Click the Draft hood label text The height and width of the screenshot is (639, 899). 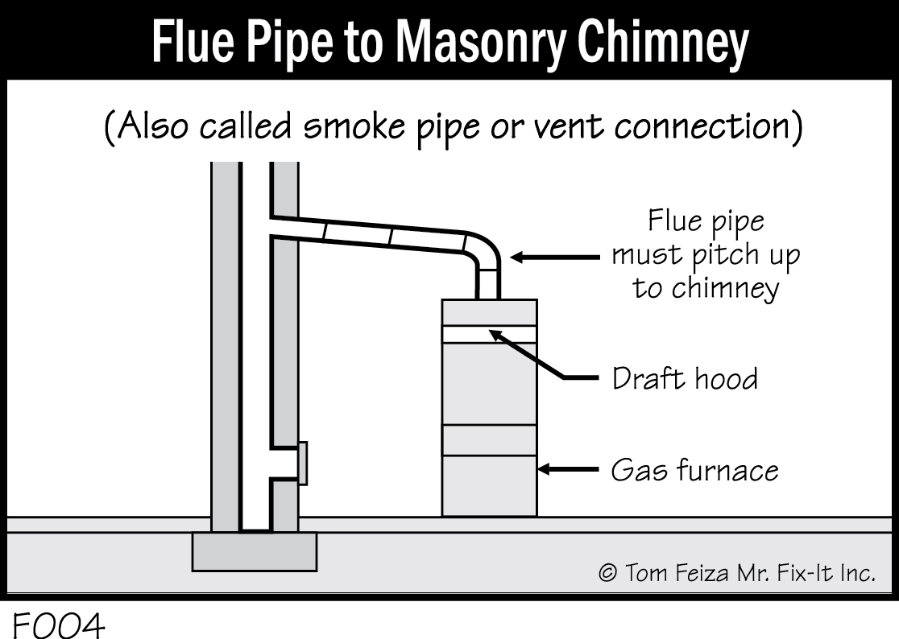tap(685, 378)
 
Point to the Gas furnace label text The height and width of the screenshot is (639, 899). tap(694, 469)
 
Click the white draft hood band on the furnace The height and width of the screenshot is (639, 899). tap(489, 334)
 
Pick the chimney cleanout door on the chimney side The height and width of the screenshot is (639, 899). tap(302, 464)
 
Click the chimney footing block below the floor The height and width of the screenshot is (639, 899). tap(254, 551)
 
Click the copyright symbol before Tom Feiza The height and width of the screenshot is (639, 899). tap(608, 573)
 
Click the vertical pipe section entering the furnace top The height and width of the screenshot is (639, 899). tap(489, 282)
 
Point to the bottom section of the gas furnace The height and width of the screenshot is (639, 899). tap(489, 485)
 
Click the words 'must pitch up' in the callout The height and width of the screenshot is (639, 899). tap(706, 255)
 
